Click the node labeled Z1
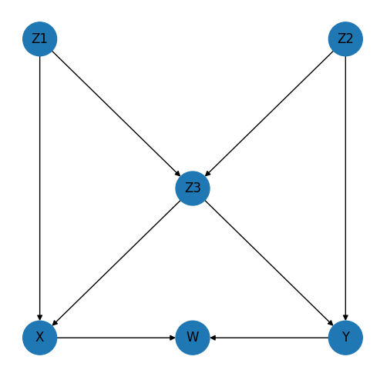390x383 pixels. pyautogui.click(x=40, y=39)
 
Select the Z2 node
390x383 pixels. pyautogui.click(x=345, y=39)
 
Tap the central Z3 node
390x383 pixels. pyautogui.click(x=193, y=188)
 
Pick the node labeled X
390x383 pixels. pyautogui.click(x=40, y=338)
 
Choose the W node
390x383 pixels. pyautogui.click(x=193, y=338)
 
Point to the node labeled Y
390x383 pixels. pyautogui.click(x=345, y=338)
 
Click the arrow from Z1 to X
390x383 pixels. pyautogui.click(x=40, y=188)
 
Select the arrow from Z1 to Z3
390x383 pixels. pyautogui.click(x=116, y=114)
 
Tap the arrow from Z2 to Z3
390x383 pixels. pyautogui.click(x=269, y=114)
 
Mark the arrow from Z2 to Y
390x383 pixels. pyautogui.click(x=345, y=188)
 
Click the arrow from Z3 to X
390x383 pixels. pyautogui.click(x=116, y=263)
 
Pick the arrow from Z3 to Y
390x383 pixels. pyautogui.click(x=269, y=263)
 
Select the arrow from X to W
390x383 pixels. pyautogui.click(x=116, y=338)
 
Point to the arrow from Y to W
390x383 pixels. pyautogui.click(x=269, y=338)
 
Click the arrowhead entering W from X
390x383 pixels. pyautogui.click(x=173, y=338)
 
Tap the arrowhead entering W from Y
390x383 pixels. pyautogui.click(x=213, y=338)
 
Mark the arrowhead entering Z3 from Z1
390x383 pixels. pyautogui.click(x=178, y=174)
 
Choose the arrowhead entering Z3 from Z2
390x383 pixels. pyautogui.click(x=207, y=174)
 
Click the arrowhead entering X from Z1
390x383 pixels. pyautogui.click(x=40, y=318)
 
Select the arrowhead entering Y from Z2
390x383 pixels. pyautogui.click(x=345, y=318)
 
